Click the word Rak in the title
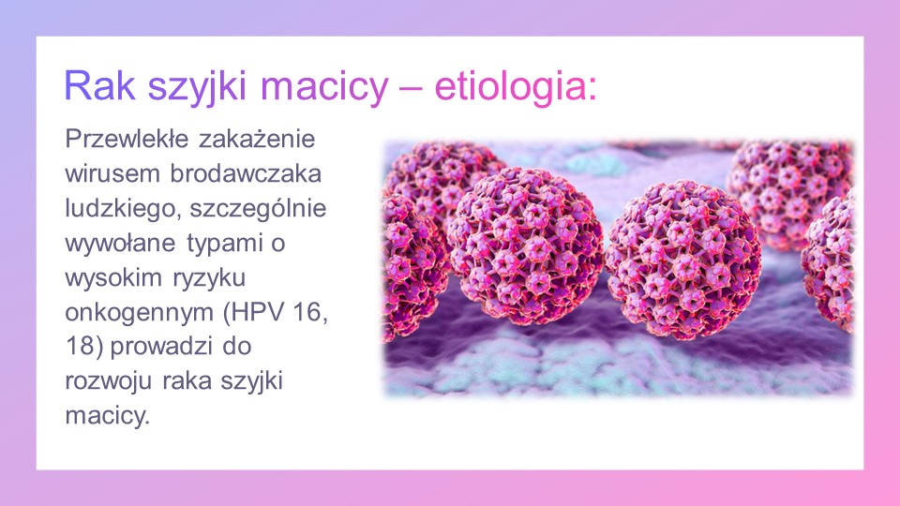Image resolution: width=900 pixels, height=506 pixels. [99, 86]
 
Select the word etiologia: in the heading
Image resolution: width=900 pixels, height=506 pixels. [515, 86]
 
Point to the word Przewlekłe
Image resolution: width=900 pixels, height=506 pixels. [127, 139]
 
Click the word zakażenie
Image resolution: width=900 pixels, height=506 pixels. [257, 139]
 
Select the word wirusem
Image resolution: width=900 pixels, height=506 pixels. [112, 173]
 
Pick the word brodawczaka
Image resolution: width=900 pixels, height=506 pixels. [246, 173]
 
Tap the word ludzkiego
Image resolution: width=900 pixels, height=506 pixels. [124, 209]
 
